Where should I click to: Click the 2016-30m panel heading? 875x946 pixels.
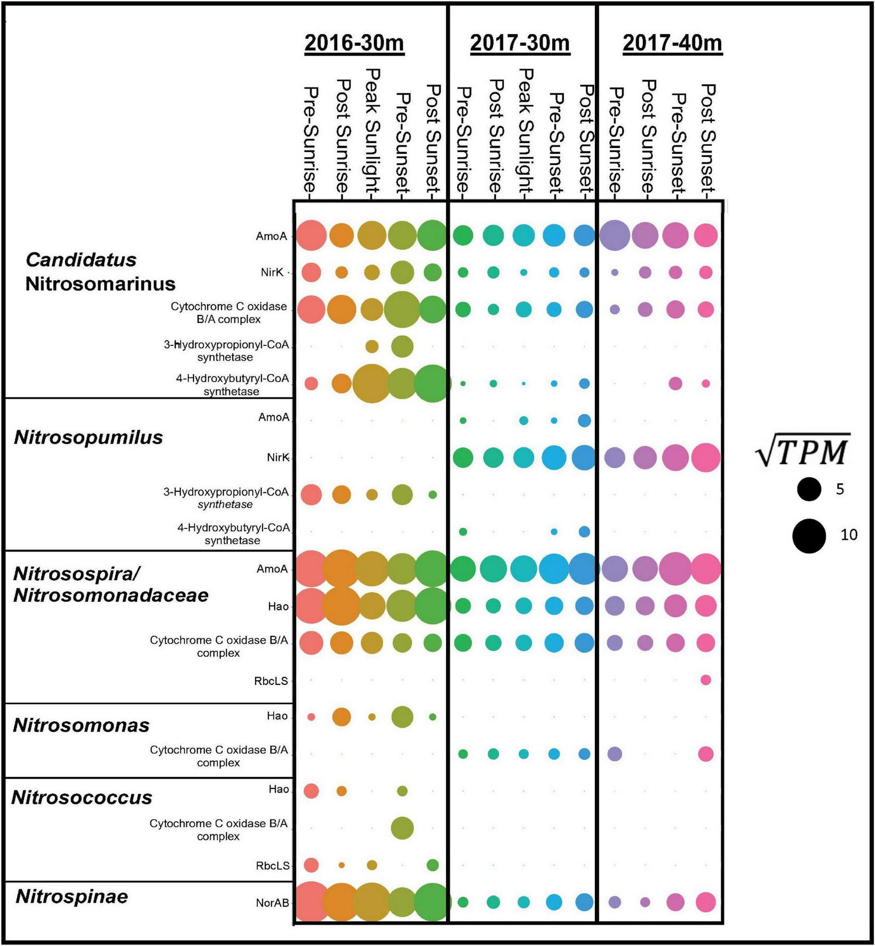[354, 43]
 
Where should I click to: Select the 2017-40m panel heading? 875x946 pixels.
[672, 43]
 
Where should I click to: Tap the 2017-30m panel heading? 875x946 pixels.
[520, 43]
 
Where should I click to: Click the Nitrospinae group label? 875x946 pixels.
[72, 896]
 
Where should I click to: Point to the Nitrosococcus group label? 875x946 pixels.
[82, 798]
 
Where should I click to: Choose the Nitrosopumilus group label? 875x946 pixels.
[88, 437]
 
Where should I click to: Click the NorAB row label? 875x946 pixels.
[272, 903]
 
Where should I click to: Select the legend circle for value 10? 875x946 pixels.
[809, 535]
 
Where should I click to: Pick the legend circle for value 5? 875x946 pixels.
[809, 489]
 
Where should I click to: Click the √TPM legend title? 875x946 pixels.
[802, 452]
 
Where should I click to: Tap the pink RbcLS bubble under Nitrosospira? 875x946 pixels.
[705, 680]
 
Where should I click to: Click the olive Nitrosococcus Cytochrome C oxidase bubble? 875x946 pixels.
[402, 828]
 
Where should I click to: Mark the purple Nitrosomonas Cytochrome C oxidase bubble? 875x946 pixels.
[615, 754]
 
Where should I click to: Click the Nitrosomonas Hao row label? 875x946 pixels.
[277, 716]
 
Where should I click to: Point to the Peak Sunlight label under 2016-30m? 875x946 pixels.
[372, 130]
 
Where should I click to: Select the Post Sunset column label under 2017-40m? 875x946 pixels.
[707, 139]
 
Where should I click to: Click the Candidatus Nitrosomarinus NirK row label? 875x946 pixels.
[272, 272]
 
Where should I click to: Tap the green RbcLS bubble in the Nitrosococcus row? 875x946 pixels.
[433, 865]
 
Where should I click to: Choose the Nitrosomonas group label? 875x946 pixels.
[81, 726]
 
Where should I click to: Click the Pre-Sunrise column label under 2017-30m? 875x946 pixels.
[463, 140]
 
